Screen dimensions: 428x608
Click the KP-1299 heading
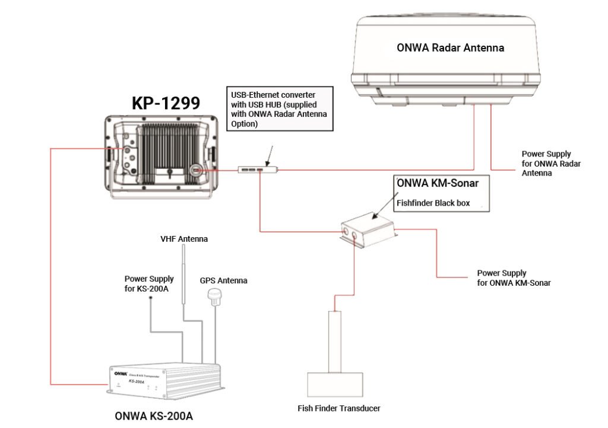pos(165,103)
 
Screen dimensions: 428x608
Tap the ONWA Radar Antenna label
pos(450,48)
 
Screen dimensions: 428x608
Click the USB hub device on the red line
pos(257,170)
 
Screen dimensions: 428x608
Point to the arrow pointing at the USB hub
pos(269,155)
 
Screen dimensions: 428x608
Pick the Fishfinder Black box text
pos(433,203)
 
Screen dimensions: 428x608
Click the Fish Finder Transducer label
pos(338,408)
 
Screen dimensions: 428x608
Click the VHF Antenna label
pos(184,239)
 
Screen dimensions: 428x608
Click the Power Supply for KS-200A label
pos(149,283)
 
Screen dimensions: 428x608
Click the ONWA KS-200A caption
pos(154,416)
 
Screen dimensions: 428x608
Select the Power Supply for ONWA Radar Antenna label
pos(551,164)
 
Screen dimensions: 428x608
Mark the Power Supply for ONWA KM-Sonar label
pos(514,278)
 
